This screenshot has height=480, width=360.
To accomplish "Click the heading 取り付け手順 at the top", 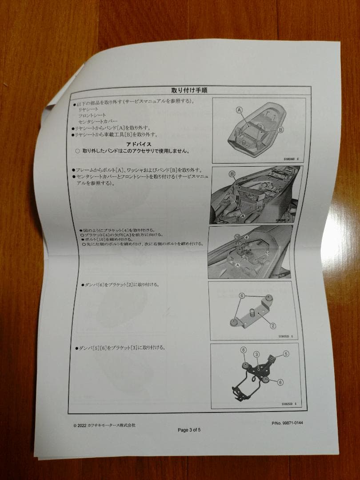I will [191, 90].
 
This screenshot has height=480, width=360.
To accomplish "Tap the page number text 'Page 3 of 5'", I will [189, 430].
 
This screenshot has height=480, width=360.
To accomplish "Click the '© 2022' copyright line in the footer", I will [104, 425].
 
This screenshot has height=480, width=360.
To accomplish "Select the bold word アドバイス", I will [139, 144].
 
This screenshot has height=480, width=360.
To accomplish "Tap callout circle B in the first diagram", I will [280, 129].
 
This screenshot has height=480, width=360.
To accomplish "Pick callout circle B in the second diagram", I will [232, 173].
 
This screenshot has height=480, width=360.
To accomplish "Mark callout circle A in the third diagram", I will [238, 264].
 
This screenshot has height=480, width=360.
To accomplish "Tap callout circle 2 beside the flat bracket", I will [273, 326].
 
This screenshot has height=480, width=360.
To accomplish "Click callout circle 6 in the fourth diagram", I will [242, 296].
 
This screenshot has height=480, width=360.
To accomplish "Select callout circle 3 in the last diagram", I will [256, 354].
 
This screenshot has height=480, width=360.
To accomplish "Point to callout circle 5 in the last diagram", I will [286, 354].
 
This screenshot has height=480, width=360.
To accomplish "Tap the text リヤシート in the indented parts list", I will [88, 109].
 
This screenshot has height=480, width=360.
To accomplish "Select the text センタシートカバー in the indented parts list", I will [98, 121].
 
